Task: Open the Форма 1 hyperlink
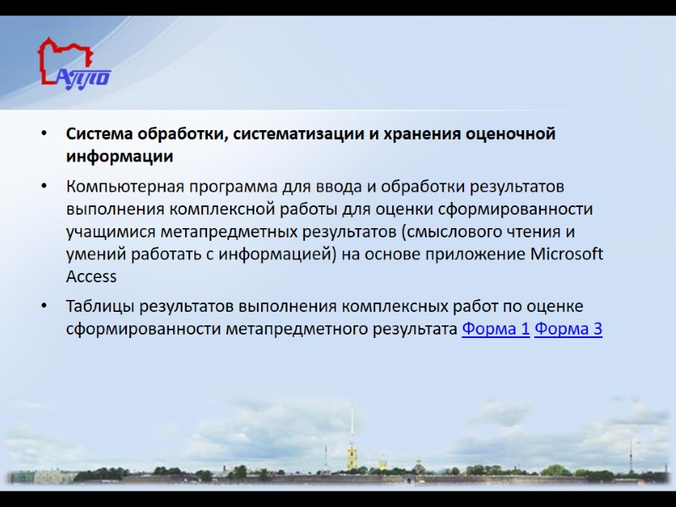pos(496,329)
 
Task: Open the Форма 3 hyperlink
pos(569,329)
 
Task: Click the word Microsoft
pos(567,253)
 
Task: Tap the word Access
pos(91,276)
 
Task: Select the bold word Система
pos(100,134)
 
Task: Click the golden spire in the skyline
pos(352,431)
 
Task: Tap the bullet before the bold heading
pos(44,135)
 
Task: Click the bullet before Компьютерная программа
pos(44,186)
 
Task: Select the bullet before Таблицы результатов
pos(44,307)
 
